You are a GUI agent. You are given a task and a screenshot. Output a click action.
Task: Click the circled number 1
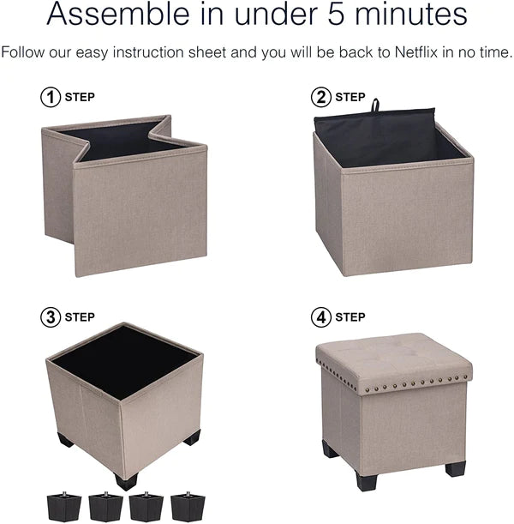(x=51, y=97)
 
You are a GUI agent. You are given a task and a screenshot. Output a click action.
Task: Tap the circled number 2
(x=321, y=97)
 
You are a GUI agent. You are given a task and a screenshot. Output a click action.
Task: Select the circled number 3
(x=51, y=317)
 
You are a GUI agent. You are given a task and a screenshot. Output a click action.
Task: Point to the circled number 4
(x=321, y=317)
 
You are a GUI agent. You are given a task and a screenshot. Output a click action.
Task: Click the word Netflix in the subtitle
(x=415, y=52)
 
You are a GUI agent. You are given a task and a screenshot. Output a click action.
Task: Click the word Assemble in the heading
(x=118, y=14)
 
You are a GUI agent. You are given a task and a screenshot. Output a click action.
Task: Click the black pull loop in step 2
(x=375, y=105)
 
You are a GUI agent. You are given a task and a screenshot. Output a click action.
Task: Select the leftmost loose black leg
(x=64, y=506)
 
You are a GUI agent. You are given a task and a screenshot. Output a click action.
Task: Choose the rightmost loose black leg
(x=188, y=506)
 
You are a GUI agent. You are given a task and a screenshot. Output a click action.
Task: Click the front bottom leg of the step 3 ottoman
(x=126, y=482)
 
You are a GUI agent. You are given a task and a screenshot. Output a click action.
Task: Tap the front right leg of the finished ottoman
(x=455, y=468)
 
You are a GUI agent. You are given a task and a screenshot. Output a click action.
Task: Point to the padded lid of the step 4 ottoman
(x=394, y=363)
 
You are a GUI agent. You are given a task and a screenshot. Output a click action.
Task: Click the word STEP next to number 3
(x=80, y=317)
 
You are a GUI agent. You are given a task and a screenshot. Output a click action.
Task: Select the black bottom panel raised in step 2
(x=375, y=129)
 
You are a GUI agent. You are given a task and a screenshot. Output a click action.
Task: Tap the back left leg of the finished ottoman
(x=331, y=449)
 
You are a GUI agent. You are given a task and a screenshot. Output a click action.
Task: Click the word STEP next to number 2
(x=350, y=97)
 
